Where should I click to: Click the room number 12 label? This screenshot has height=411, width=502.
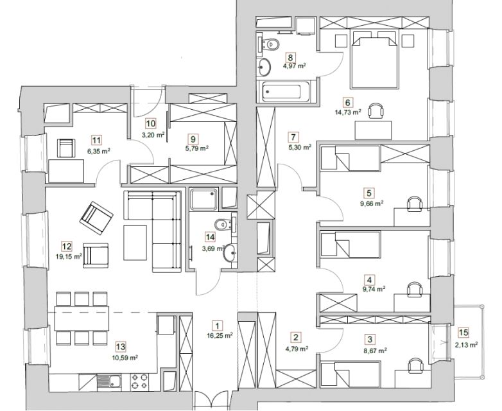pos(67,247)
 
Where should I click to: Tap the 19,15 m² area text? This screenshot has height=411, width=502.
pos(69,256)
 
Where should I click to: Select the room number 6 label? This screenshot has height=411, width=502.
pos(348,103)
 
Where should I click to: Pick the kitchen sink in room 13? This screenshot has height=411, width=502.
pos(110,382)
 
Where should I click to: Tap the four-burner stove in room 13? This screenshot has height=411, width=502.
pos(140,382)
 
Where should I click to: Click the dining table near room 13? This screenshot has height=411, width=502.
pos(82,319)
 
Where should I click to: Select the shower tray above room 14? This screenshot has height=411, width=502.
pos(203,199)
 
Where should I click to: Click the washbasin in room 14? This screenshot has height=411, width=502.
pos(230,253)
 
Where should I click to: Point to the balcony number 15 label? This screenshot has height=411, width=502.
pos(463,333)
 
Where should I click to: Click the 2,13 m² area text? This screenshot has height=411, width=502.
pos(467,345)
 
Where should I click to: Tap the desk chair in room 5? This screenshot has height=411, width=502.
pos(415,204)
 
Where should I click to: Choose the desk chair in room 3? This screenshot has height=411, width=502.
pos(415,365)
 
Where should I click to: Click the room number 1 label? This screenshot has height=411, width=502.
pos(218,326)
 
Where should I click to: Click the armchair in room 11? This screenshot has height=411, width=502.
pos(66,148)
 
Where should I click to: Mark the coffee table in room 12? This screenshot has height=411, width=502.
pos(135,243)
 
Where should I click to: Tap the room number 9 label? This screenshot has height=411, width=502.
pos(193,139)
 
